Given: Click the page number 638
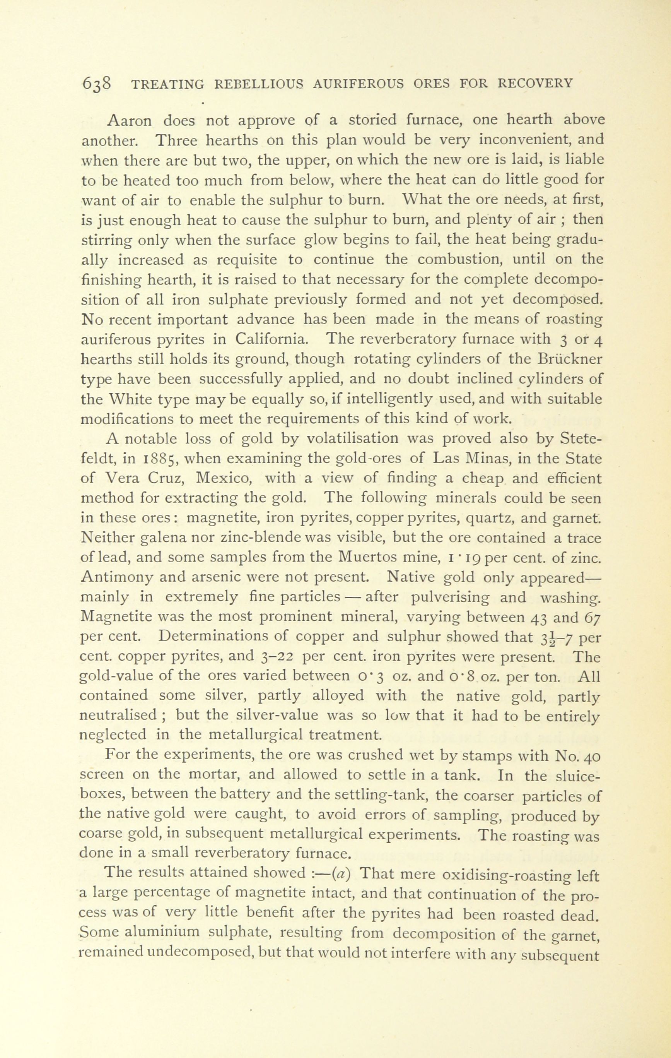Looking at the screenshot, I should click(96, 84).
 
